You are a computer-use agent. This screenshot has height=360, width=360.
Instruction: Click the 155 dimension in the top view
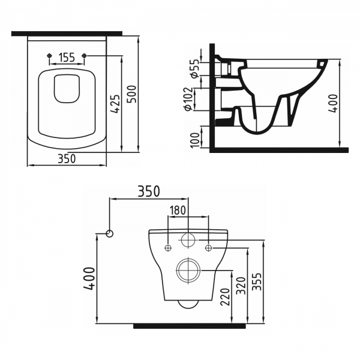tap(67, 58)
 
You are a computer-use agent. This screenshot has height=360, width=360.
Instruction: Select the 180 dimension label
tap(178, 210)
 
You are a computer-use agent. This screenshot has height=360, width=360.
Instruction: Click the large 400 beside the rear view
tap(88, 278)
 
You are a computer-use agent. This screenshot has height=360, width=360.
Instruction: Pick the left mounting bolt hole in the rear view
tap(167, 247)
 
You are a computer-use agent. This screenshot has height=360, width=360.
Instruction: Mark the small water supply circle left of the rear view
tap(109, 233)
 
